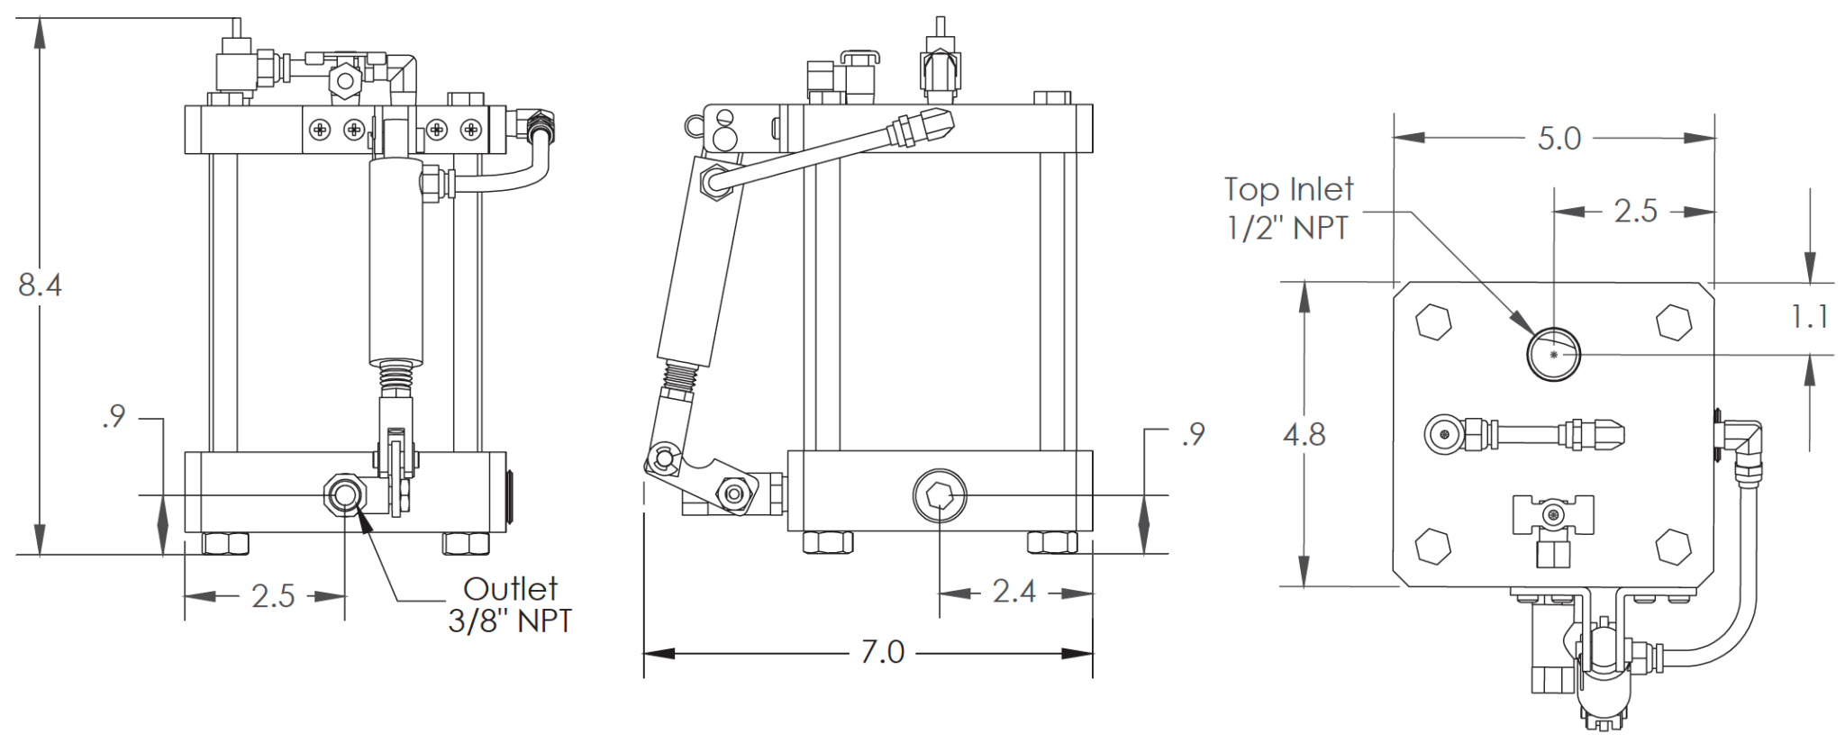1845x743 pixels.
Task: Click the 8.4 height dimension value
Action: click(x=40, y=285)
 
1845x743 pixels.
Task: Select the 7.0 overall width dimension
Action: click(x=882, y=652)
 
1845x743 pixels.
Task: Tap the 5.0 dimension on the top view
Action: click(x=1559, y=139)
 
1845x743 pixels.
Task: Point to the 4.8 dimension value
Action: click(x=1304, y=435)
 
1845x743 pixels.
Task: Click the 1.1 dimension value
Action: click(x=1809, y=317)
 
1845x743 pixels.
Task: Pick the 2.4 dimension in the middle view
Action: click(x=1013, y=592)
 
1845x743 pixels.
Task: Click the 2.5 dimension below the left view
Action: click(x=273, y=596)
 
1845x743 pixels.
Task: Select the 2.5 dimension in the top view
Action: click(x=1635, y=211)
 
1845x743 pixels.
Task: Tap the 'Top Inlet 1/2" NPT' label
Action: click(x=1288, y=208)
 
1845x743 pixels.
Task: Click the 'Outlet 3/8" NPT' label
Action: click(x=510, y=604)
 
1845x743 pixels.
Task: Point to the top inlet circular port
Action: click(x=1553, y=354)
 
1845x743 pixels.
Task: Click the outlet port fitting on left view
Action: click(x=343, y=494)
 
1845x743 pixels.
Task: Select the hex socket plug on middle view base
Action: click(x=940, y=494)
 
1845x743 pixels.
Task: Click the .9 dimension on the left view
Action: click(x=114, y=417)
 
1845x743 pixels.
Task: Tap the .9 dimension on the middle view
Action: click(x=1194, y=434)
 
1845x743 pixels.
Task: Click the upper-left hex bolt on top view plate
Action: click(x=1433, y=322)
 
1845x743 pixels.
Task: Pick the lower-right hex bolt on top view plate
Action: click(x=1674, y=546)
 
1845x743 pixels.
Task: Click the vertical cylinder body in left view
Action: click(x=395, y=261)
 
